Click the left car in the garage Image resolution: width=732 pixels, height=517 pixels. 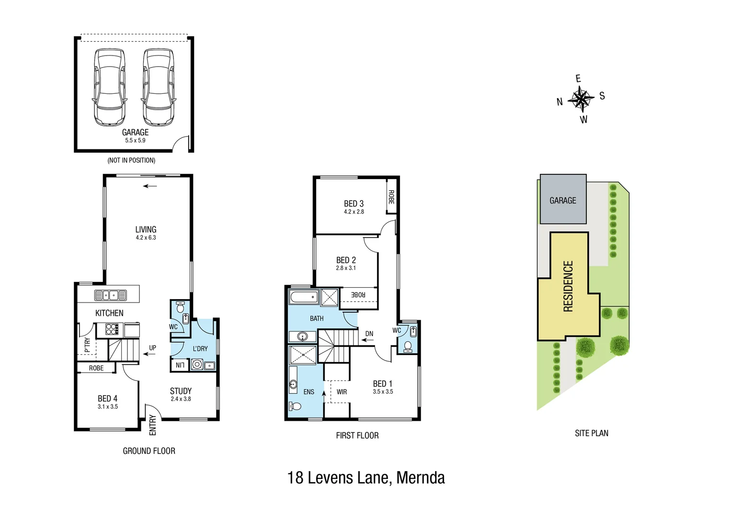tap(110, 88)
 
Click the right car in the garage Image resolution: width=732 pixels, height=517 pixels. tap(159, 88)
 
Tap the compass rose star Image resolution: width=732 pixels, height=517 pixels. tap(581, 99)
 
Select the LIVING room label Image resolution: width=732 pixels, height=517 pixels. tap(146, 230)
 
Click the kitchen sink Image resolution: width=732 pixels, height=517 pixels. tap(110, 295)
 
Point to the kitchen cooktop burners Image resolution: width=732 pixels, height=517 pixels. tap(112, 329)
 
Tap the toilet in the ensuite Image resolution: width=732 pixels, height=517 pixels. tap(295, 406)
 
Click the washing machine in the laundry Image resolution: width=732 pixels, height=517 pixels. tap(197, 365)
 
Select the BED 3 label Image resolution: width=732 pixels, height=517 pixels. tap(354, 204)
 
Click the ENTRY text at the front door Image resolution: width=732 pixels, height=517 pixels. tap(153, 425)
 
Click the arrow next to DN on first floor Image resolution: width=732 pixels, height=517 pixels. tap(367, 340)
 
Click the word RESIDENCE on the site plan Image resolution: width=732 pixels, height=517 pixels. tap(568, 286)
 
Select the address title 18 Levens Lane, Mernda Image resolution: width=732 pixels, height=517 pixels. tap(366, 478)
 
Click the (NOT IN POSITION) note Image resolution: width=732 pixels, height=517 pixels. tap(131, 160)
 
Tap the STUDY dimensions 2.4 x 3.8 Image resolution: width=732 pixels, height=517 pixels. tap(181, 399)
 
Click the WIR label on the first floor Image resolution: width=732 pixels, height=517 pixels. tap(342, 392)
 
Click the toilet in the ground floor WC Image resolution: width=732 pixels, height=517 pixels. tap(181, 307)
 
